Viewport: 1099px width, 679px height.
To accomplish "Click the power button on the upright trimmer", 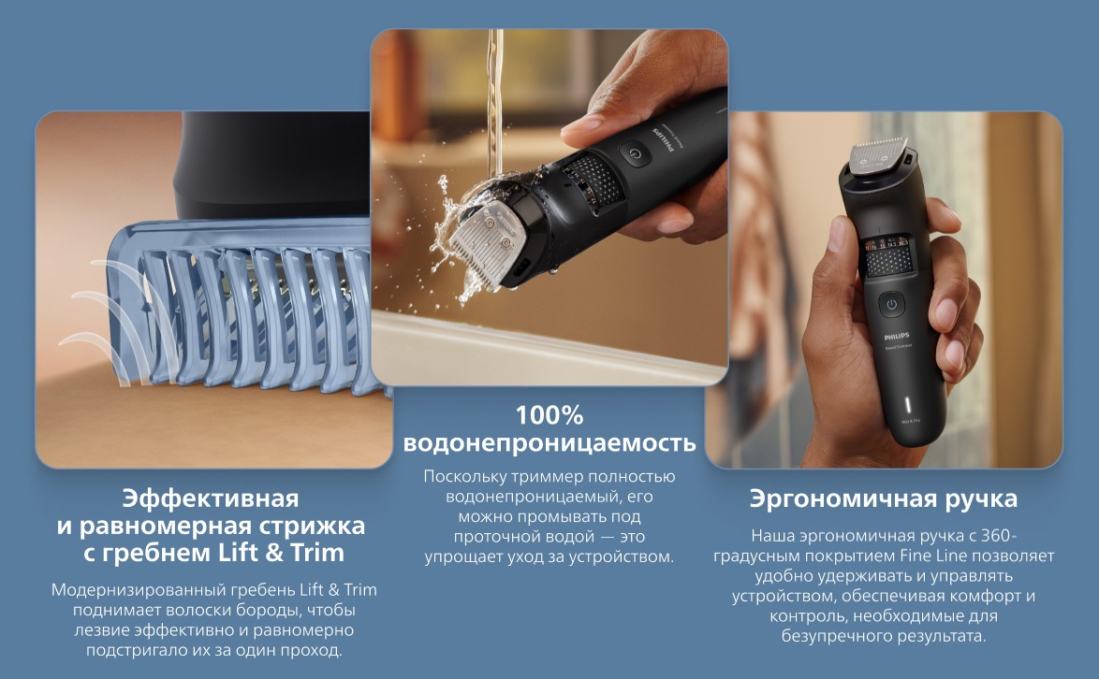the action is (891, 305).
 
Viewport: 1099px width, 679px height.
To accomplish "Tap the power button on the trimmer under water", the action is (635, 154).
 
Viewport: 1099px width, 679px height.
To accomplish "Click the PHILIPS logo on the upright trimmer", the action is (897, 337).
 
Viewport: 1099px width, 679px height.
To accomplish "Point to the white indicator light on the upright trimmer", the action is (909, 405).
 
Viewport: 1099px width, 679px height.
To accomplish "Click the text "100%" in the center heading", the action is (549, 416).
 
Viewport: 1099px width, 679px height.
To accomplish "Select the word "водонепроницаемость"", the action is (549, 443).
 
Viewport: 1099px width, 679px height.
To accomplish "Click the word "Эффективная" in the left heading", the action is (211, 498).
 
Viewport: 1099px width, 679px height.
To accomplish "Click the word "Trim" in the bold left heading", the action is (317, 553).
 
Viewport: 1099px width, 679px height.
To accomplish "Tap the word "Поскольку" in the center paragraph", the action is (464, 477).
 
